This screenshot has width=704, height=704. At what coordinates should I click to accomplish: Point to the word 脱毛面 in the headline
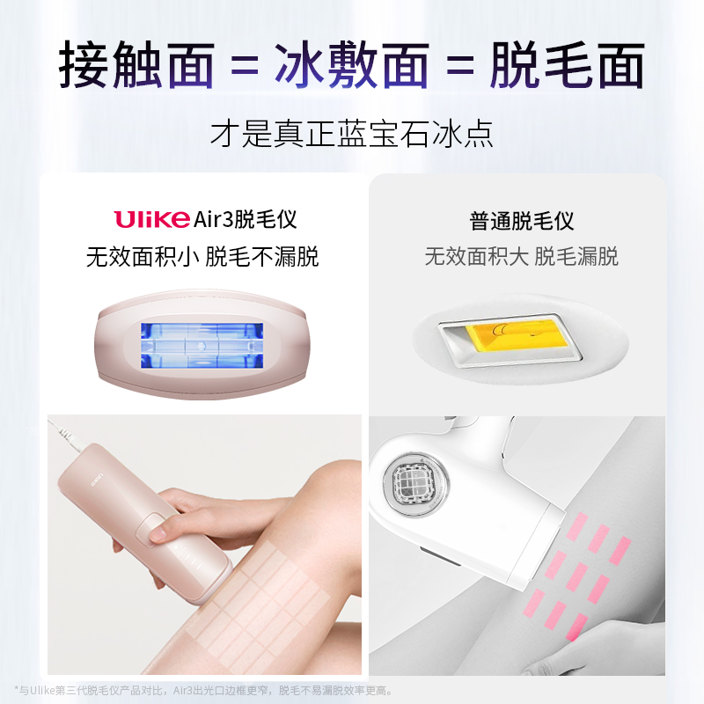tap(568, 64)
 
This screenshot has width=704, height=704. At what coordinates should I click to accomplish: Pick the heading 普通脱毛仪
tap(522, 220)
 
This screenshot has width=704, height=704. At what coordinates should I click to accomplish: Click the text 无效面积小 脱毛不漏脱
tap(202, 257)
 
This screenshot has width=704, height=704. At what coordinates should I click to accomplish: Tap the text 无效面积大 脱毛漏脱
tap(522, 257)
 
